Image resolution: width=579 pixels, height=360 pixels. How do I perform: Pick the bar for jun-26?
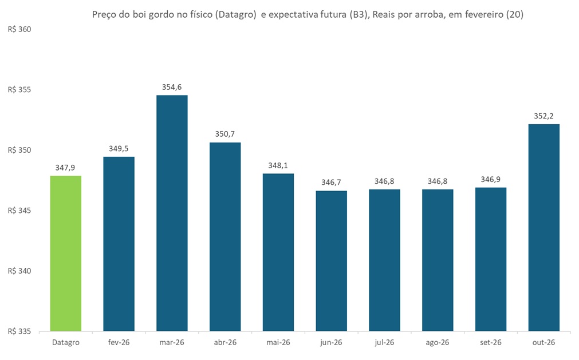331,260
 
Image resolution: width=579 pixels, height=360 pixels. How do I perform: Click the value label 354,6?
172,87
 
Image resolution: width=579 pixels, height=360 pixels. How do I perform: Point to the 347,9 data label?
66,168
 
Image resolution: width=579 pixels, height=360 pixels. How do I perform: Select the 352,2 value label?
543,116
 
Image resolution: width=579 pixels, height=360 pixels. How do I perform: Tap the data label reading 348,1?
278,165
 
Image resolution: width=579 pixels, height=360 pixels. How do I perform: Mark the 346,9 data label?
491,180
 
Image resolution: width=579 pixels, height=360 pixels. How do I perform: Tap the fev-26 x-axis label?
119,342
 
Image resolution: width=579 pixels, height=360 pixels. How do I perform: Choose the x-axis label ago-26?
438,342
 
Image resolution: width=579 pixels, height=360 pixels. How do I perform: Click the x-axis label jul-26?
384,342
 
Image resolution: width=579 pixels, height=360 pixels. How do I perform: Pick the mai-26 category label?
278,342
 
